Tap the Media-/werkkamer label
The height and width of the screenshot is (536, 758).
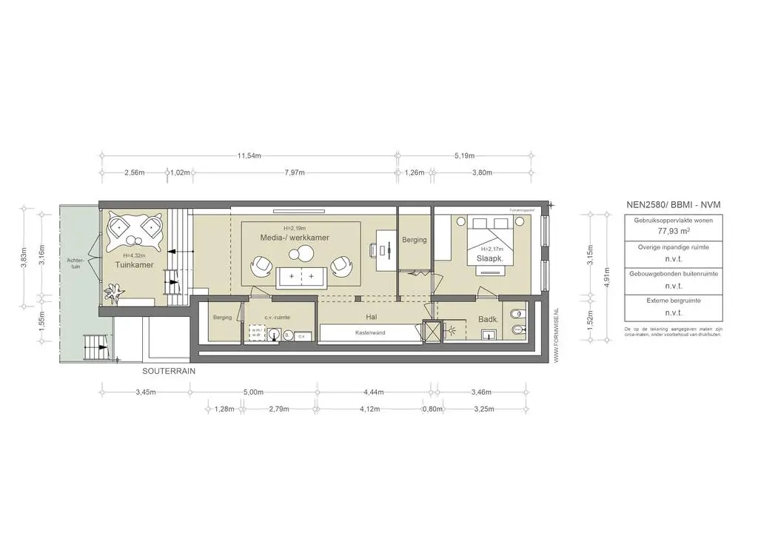coord(294,238)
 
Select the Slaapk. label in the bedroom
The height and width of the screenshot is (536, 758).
coord(480,259)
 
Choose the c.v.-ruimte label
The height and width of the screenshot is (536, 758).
coord(277,317)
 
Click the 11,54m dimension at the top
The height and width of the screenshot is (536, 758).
coord(249,156)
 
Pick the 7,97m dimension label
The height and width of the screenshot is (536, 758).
coord(295,172)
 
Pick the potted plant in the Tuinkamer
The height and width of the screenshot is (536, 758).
coord(114,295)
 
